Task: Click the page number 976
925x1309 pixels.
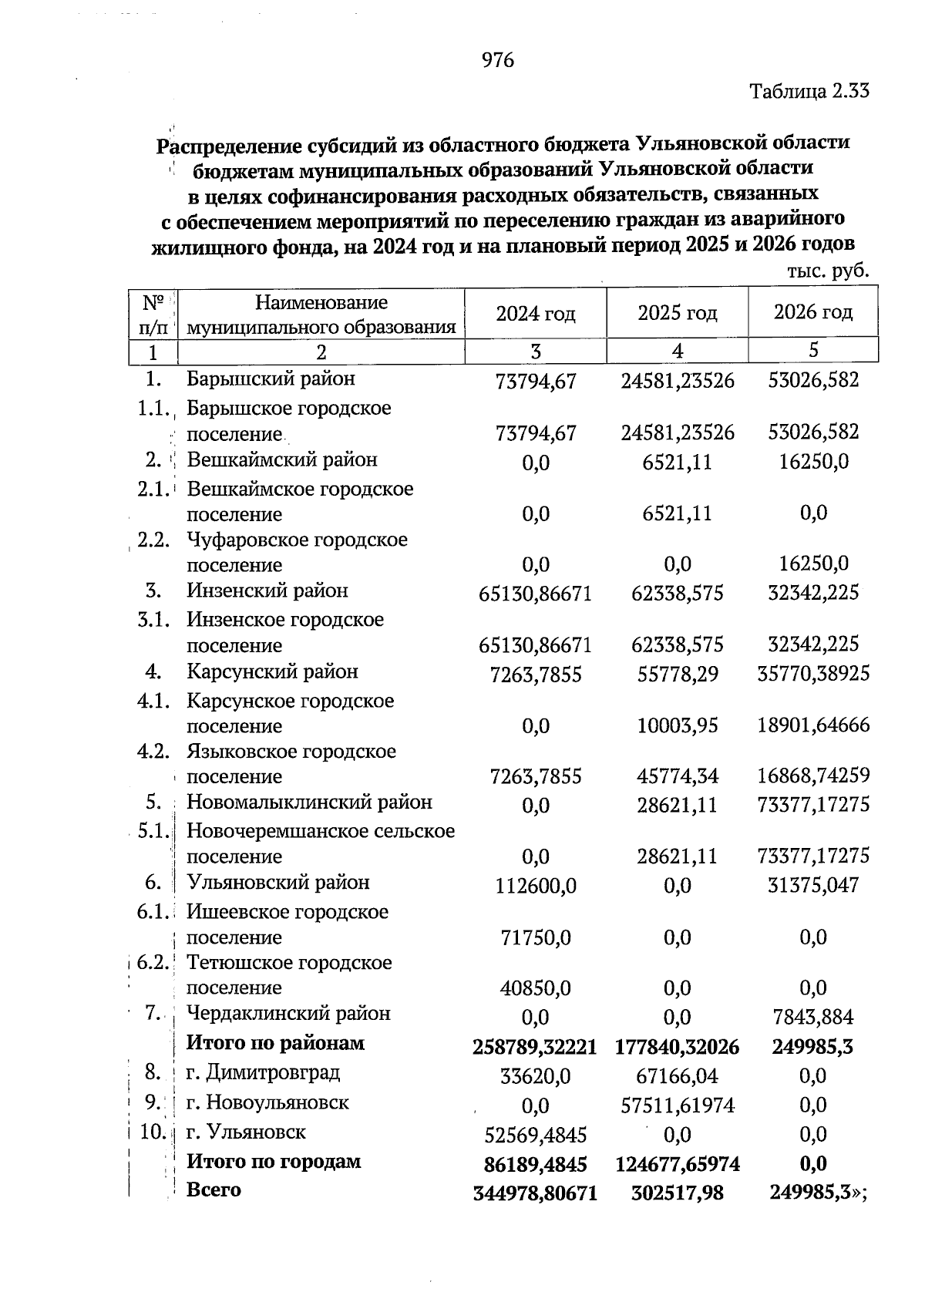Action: coord(497,60)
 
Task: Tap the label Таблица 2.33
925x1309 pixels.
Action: coord(809,91)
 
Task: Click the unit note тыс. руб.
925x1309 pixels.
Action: coord(828,271)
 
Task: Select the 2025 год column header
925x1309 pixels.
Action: coord(677,313)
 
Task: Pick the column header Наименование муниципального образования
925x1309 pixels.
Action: coord(321,315)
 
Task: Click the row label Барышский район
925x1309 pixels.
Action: coord(271,379)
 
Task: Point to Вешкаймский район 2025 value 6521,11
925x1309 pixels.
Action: coord(677,462)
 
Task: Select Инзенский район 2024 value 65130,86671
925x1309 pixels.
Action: coord(535,594)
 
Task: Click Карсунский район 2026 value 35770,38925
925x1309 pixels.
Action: coord(813,674)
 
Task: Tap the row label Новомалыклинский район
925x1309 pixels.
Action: coord(309,803)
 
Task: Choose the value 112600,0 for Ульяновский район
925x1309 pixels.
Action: coord(535,886)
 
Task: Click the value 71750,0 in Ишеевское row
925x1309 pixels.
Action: coord(535,938)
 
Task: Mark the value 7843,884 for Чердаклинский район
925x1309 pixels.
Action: coord(813,1018)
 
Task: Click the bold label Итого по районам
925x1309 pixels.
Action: coord(275,1044)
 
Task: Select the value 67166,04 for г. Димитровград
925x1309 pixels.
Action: coord(677,1076)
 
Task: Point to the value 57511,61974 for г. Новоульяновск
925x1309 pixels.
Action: coord(678,1105)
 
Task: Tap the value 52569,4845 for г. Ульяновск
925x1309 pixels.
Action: coord(535,1135)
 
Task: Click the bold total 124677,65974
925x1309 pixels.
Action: coord(678,1164)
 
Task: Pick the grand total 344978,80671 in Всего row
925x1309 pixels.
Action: coord(535,1193)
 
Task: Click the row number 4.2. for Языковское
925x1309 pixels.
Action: coord(153,752)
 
